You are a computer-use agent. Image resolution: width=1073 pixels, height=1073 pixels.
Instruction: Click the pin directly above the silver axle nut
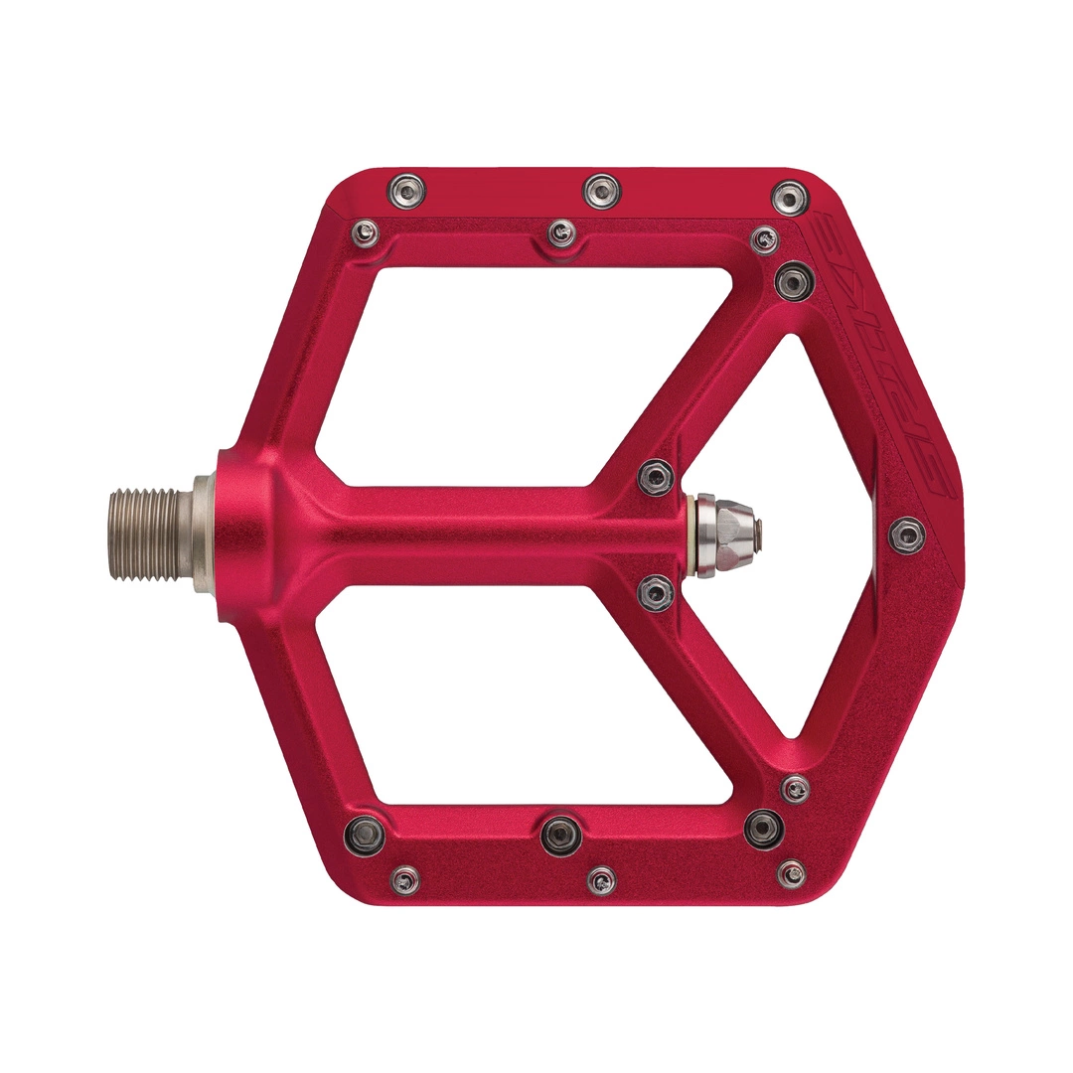coord(656,478)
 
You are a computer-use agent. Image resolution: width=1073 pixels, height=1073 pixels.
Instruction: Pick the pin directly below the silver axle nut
coord(656,593)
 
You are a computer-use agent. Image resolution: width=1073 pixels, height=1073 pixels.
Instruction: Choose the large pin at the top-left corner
coord(405,188)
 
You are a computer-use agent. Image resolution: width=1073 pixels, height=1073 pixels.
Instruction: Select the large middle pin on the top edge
coord(601,190)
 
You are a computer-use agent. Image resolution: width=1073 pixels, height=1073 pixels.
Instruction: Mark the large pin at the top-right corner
coord(790,197)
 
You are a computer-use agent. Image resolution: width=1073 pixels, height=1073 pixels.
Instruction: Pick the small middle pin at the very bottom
coord(601,879)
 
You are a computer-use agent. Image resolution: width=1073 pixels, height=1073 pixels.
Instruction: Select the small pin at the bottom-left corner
coord(404,878)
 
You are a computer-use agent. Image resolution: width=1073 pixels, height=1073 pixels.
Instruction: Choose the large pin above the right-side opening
coord(794,279)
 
